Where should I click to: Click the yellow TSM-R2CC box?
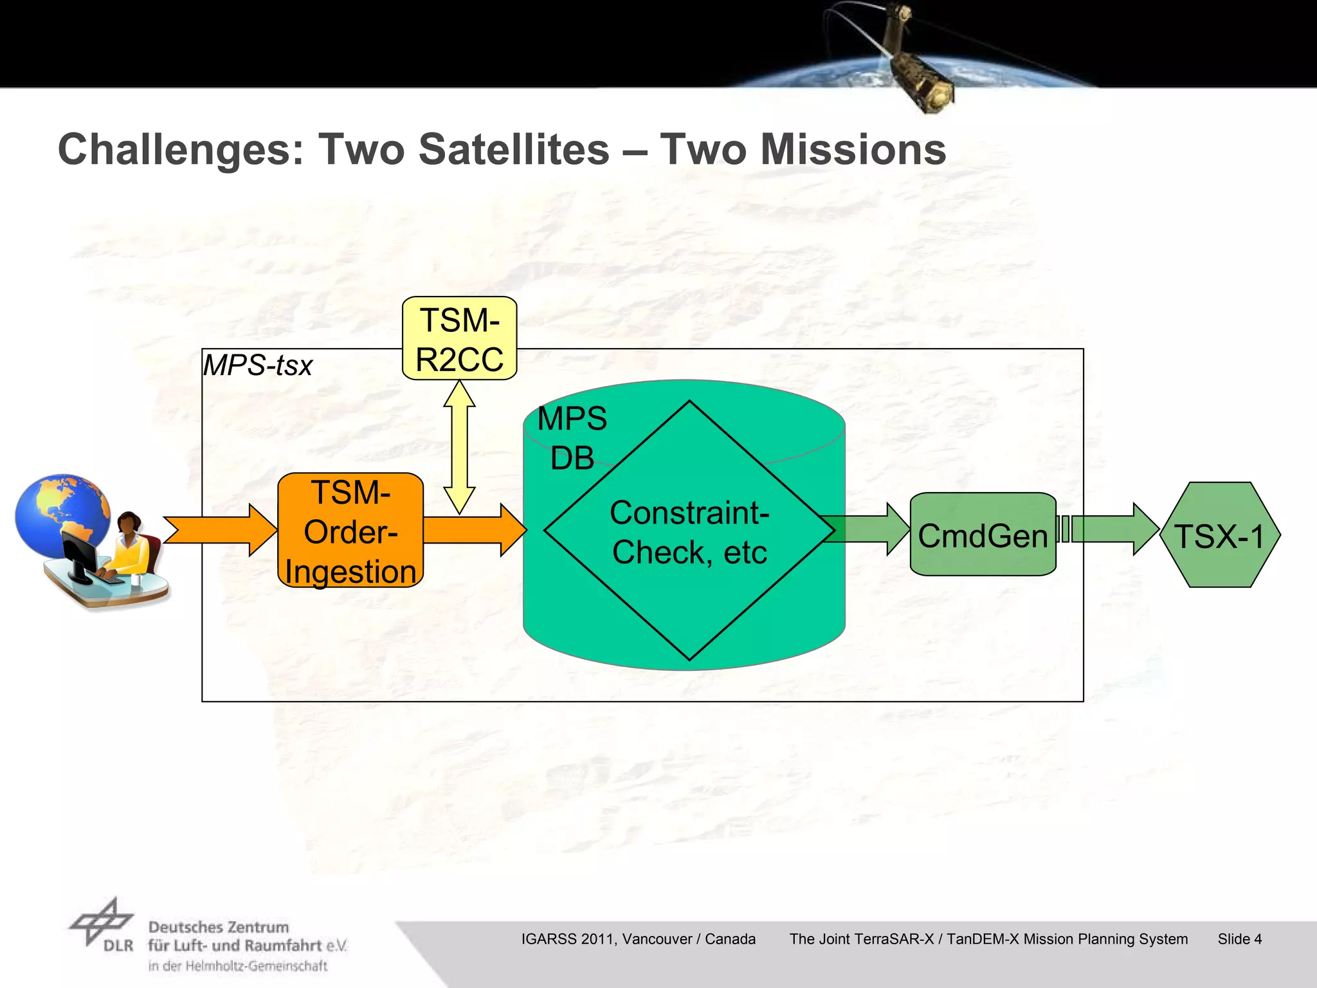459,338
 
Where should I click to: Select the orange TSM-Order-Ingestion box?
350,531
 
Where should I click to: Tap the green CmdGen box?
983,535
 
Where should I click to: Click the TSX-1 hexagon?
1219,535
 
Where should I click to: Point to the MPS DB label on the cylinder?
571,438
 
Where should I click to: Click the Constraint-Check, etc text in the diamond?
689,533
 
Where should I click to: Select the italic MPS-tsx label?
257,365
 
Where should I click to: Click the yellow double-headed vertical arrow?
459,447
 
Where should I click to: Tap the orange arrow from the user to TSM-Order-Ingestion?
219,530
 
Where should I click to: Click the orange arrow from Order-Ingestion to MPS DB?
475,530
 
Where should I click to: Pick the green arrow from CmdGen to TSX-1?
1113,529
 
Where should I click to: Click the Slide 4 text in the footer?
1239,939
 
